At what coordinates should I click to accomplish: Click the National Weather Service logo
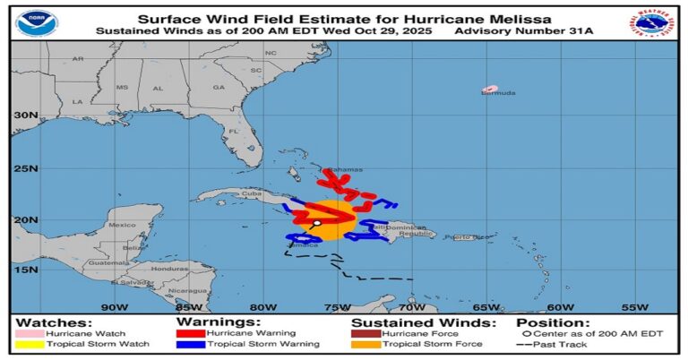pos(655,22)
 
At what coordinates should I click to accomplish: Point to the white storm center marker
pos(317,223)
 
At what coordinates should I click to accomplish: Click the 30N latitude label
pos(25,116)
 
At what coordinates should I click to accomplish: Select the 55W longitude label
pos(634,306)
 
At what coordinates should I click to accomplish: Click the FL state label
pos(232,132)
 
